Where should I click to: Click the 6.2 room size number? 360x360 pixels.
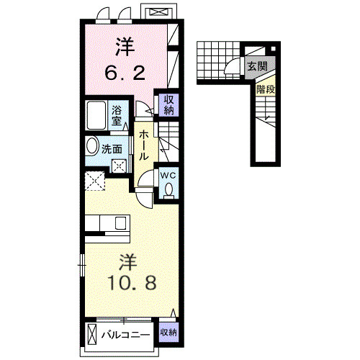point(125,73)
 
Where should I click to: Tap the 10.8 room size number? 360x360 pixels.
point(132,282)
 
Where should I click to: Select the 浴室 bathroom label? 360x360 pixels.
point(117,116)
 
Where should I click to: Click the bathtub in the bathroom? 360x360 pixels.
point(96,115)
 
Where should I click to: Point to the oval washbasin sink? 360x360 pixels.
point(92,146)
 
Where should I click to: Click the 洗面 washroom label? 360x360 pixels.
point(112,149)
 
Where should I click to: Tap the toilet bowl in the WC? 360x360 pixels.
point(169,189)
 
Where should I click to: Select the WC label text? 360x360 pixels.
point(168,176)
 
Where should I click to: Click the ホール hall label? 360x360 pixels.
point(144,145)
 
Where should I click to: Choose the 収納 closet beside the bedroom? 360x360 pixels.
point(169,105)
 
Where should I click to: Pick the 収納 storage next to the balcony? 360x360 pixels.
point(168,333)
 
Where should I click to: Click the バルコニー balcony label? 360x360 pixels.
point(125,335)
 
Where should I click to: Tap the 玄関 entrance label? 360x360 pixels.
point(257,66)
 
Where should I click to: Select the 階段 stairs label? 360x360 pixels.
point(266,89)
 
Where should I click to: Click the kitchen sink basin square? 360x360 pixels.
point(120,223)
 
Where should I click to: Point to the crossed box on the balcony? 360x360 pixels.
point(92,334)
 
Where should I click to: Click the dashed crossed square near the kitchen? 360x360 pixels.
point(95,181)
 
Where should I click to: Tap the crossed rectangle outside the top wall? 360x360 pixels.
point(158,12)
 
